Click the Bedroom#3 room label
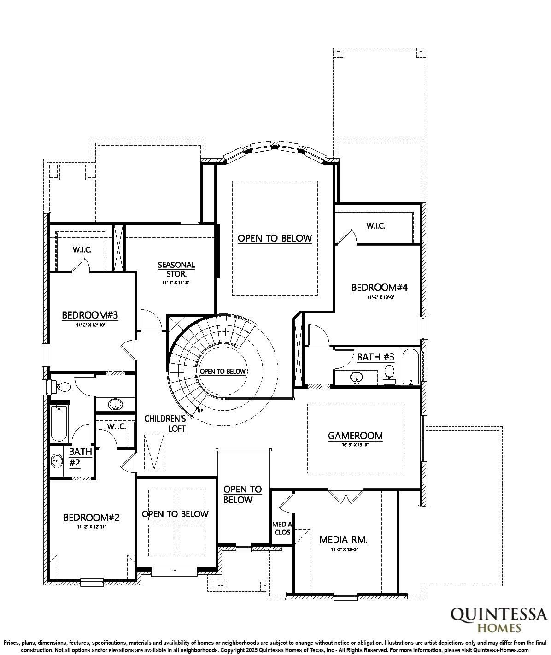tap(90, 315)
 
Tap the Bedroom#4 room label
tap(379, 288)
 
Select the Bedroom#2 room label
tap(91, 518)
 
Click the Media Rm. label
tap(343, 540)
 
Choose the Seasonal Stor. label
tap(176, 269)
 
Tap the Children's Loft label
tap(165, 424)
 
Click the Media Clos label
tap(282, 528)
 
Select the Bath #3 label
tap(375, 357)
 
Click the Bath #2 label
tap(75, 457)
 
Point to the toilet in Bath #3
tap(390, 372)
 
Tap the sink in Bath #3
tap(356, 378)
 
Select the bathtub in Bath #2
tap(59, 422)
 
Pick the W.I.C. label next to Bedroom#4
tap(375, 226)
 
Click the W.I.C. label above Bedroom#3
tap(82, 250)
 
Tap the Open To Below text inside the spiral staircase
tap(223, 371)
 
